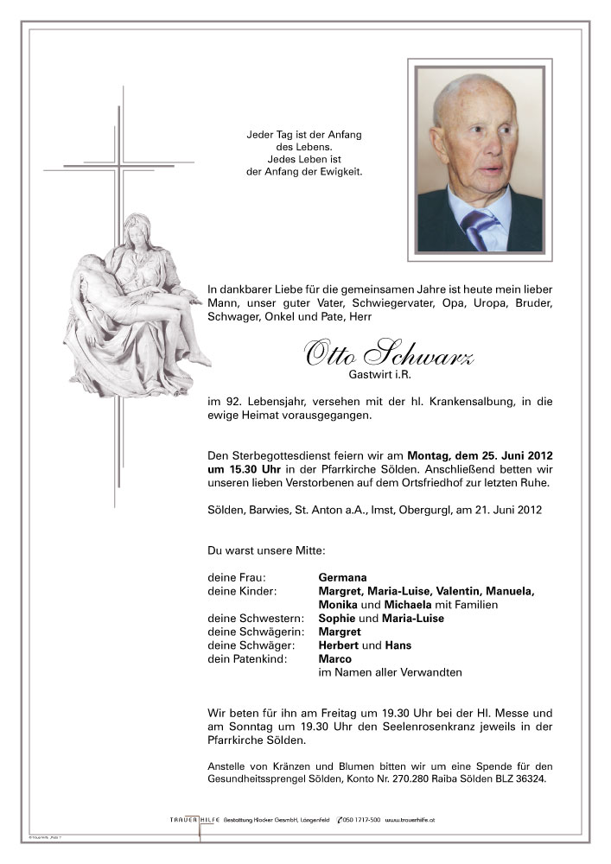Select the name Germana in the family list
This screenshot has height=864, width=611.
click(x=342, y=577)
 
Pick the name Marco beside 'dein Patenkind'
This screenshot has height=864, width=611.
click(x=334, y=659)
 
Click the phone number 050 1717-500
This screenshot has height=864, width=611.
click(x=360, y=819)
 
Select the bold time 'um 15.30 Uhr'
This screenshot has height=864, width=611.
click(x=241, y=469)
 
